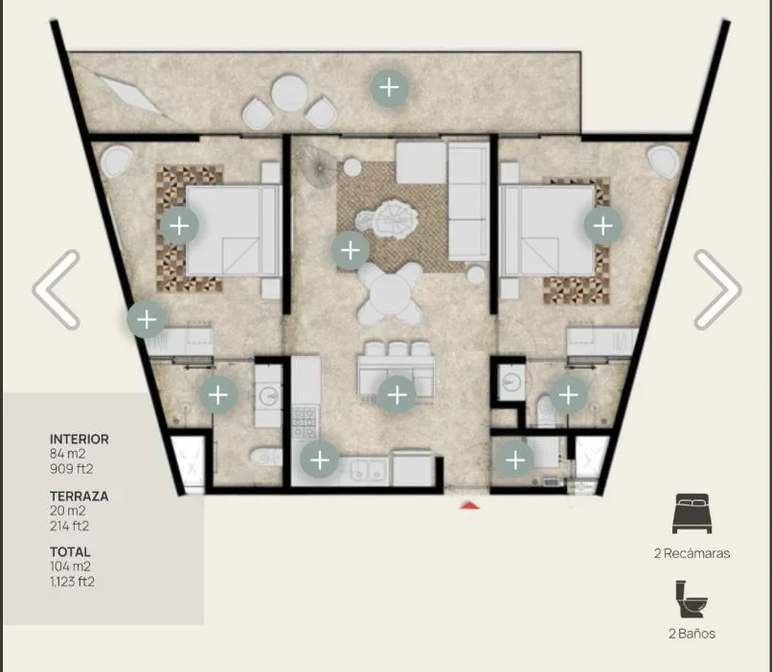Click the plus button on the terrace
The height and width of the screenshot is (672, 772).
[x=390, y=87]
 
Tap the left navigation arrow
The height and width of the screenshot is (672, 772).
[x=56, y=289]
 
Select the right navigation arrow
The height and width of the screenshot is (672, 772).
[x=717, y=289]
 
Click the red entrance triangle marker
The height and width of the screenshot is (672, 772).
[x=469, y=504]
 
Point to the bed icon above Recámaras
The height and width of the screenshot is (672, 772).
[x=692, y=514]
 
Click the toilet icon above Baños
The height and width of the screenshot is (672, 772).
[x=692, y=598]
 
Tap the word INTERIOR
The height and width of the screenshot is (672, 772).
[x=79, y=438]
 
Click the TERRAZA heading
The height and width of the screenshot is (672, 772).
[x=79, y=496]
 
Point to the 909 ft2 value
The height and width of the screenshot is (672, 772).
[x=72, y=469]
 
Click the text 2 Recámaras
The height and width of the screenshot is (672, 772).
[x=692, y=553]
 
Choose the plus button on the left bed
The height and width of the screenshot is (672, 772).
[x=179, y=226]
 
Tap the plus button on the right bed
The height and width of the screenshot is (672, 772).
[x=603, y=226]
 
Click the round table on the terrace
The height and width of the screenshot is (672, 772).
[x=289, y=93]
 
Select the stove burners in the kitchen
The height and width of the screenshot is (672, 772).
[x=305, y=422]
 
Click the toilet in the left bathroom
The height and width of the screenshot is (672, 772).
[x=266, y=457]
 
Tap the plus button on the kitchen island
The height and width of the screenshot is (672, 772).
[x=397, y=394]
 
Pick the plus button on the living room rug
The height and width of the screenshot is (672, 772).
[x=350, y=251]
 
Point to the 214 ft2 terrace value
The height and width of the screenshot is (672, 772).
[x=69, y=526]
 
